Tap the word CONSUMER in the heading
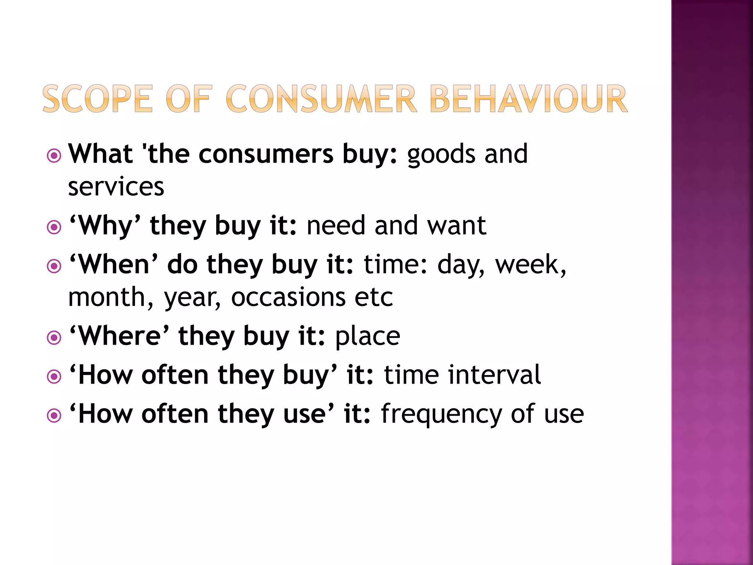pos(321,99)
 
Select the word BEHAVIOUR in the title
pos(528,99)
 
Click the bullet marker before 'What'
pos(54,156)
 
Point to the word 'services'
pos(116,186)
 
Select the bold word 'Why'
pos(105,225)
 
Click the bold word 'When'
pos(114,264)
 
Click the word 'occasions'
pos(288,297)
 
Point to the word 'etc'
pos(374,297)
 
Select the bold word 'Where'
pos(119,336)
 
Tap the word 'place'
pos(367,336)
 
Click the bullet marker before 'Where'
pos(54,338)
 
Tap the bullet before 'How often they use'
pos(54,416)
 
